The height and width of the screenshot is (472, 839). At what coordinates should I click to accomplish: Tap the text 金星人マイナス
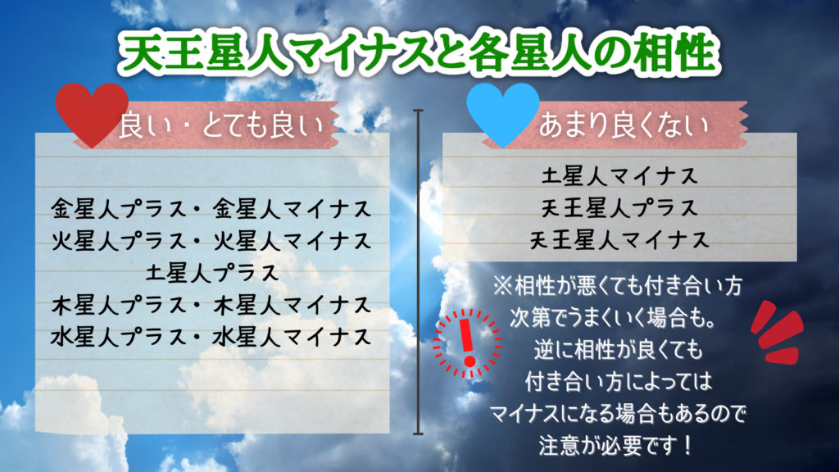[x=290, y=207]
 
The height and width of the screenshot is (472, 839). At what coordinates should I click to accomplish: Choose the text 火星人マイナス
[x=290, y=241]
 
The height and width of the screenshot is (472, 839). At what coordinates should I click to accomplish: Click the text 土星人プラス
[x=211, y=272]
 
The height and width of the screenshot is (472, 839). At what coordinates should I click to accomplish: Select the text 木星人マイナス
[x=290, y=306]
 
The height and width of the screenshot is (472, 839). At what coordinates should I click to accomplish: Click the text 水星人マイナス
[x=290, y=337]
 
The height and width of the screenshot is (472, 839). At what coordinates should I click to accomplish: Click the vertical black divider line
[x=419, y=270]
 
